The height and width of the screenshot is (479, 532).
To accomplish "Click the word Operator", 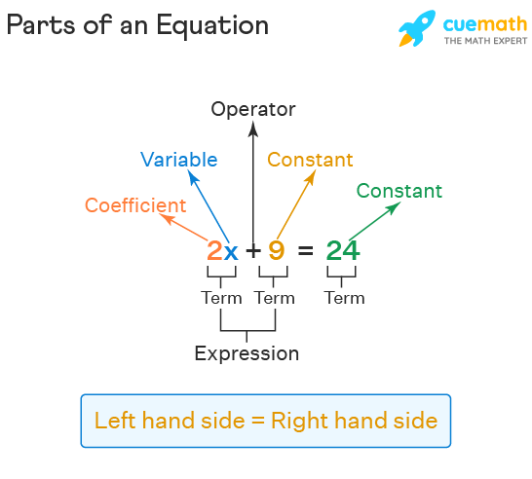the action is [x=253, y=109].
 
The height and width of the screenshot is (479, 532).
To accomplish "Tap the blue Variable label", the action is [x=179, y=160].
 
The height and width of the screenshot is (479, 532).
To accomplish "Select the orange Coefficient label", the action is [x=135, y=205].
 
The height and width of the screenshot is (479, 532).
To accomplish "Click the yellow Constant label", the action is [x=310, y=160].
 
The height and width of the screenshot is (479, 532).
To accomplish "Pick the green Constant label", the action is [x=399, y=191].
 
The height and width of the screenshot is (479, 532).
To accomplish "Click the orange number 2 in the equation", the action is [x=214, y=250].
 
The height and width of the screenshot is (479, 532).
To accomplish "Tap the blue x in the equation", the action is [x=231, y=252].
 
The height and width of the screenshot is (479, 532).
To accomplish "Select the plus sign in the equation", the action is [x=253, y=251].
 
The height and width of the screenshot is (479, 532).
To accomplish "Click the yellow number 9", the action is [x=276, y=250].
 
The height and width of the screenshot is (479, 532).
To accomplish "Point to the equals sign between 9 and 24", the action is [x=305, y=251].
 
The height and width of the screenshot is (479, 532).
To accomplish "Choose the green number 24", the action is [x=343, y=250].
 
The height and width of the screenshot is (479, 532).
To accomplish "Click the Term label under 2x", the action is [x=221, y=298].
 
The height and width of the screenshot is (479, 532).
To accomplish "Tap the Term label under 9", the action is [x=275, y=298].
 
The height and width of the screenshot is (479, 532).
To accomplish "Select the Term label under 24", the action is [x=344, y=298].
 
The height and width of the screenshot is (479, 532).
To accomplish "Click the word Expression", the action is [x=247, y=353].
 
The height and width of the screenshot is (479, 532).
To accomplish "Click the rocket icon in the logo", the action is [x=417, y=28].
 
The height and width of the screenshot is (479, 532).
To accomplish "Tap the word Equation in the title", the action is [x=212, y=25].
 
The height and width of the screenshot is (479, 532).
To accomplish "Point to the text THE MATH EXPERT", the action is [x=485, y=41].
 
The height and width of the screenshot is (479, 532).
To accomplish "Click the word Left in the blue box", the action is [x=115, y=421].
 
